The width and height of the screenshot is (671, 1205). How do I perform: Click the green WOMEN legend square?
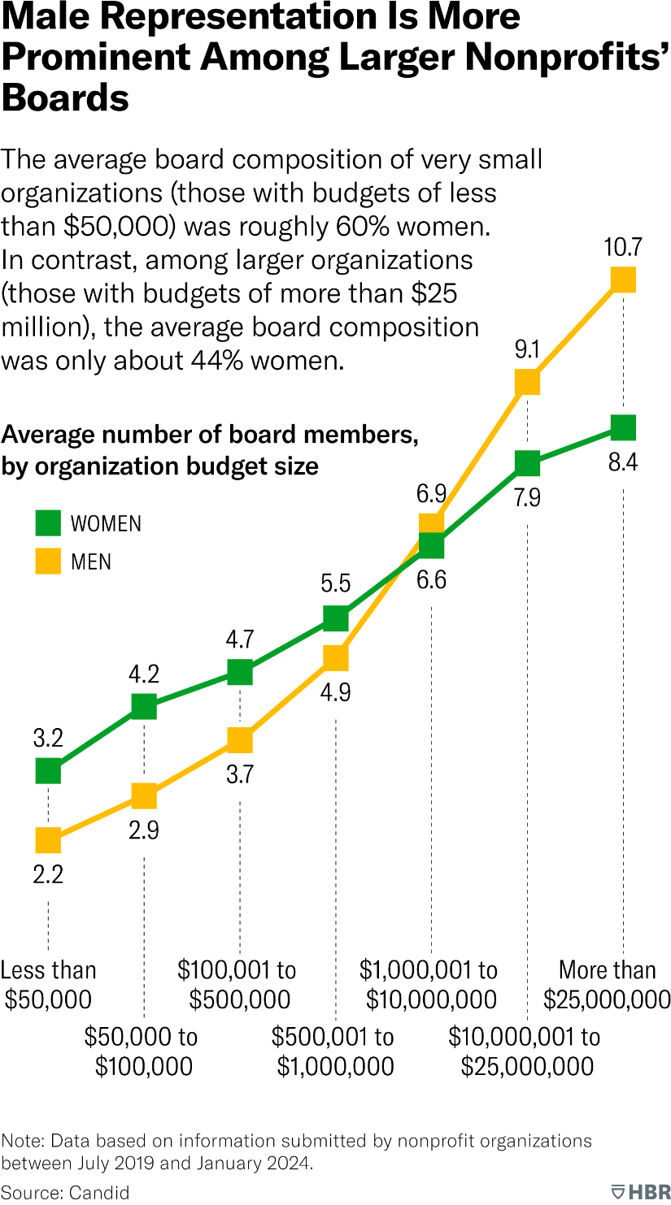48,523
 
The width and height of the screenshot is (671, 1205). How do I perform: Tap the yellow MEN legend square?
48,561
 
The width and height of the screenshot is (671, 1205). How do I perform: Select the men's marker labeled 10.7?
623,280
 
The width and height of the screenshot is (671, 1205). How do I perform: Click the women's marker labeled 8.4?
623,427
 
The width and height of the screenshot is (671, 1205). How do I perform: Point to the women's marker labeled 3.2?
48,770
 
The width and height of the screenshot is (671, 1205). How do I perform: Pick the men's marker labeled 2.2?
48,840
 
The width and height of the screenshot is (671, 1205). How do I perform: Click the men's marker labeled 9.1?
527,381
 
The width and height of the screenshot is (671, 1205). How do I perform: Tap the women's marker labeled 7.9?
527,464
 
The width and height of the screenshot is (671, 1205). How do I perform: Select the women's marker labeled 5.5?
335,618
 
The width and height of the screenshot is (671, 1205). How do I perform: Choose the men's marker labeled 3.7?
240,740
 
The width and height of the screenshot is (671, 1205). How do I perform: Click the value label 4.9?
335,696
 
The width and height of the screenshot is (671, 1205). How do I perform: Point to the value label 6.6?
431,581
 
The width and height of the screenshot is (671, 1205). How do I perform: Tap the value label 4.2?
144,674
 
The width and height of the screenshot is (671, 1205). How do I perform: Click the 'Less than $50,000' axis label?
49,984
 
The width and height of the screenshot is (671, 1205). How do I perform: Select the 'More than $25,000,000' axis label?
607,984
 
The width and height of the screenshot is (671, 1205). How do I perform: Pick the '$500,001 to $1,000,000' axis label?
334,1051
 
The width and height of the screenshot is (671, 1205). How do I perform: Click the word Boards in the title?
65,98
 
